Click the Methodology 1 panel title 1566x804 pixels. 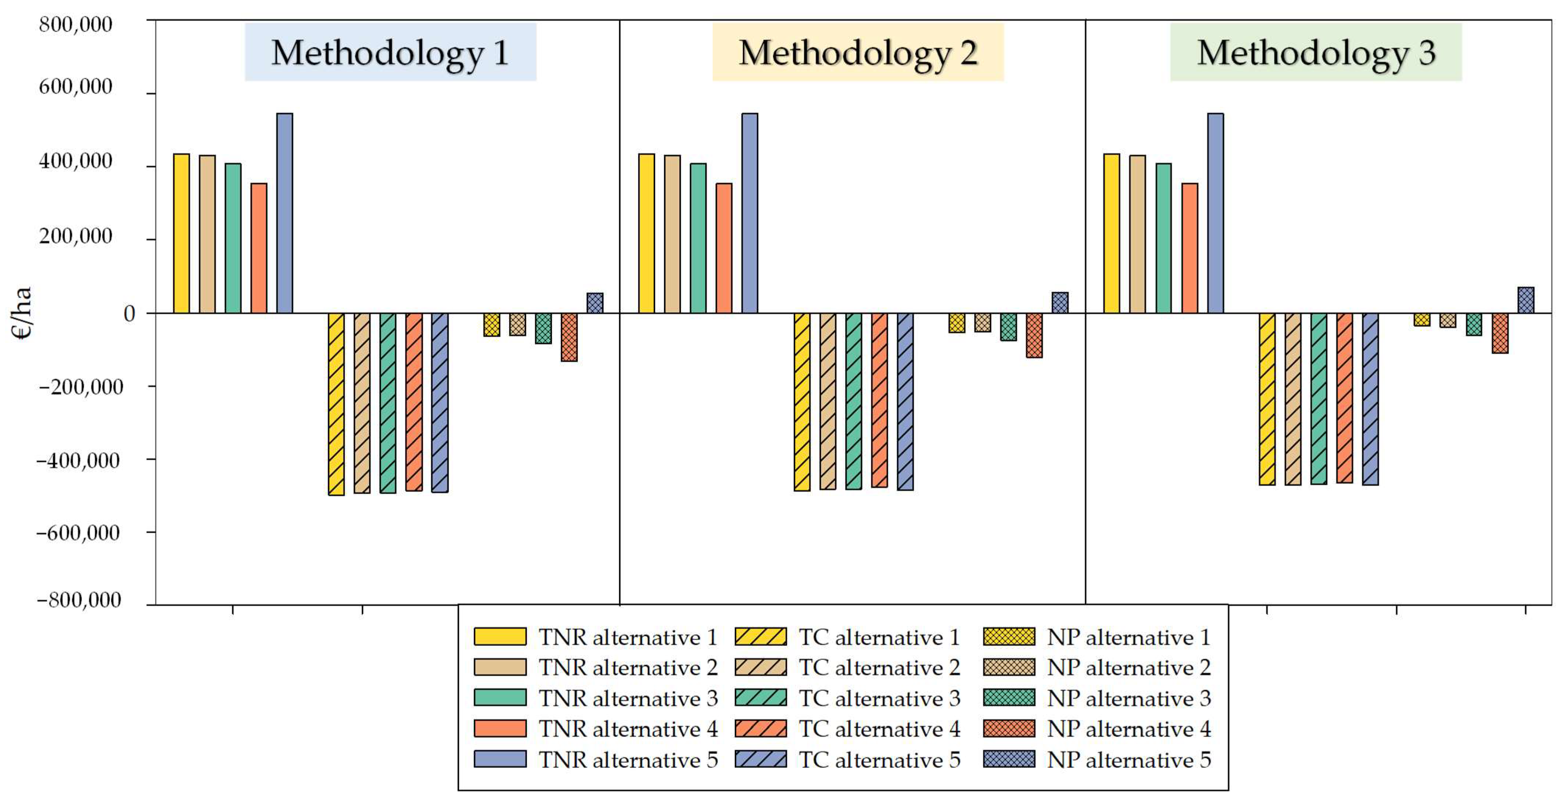pyautogui.click(x=390, y=53)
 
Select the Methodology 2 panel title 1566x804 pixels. pyautogui.click(x=858, y=53)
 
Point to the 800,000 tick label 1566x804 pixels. pyautogui.click(x=76, y=25)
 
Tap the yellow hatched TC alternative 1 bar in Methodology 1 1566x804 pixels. pyautogui.click(x=336, y=404)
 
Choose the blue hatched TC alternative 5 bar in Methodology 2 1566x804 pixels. pyautogui.click(x=905, y=401)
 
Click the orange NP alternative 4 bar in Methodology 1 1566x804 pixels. pyautogui.click(x=569, y=337)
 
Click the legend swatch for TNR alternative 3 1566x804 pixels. pyautogui.click(x=500, y=698)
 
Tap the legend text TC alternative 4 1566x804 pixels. pyautogui.click(x=879, y=728)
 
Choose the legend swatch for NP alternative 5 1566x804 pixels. pyautogui.click(x=1009, y=759)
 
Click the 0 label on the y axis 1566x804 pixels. pyautogui.click(x=129, y=314)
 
